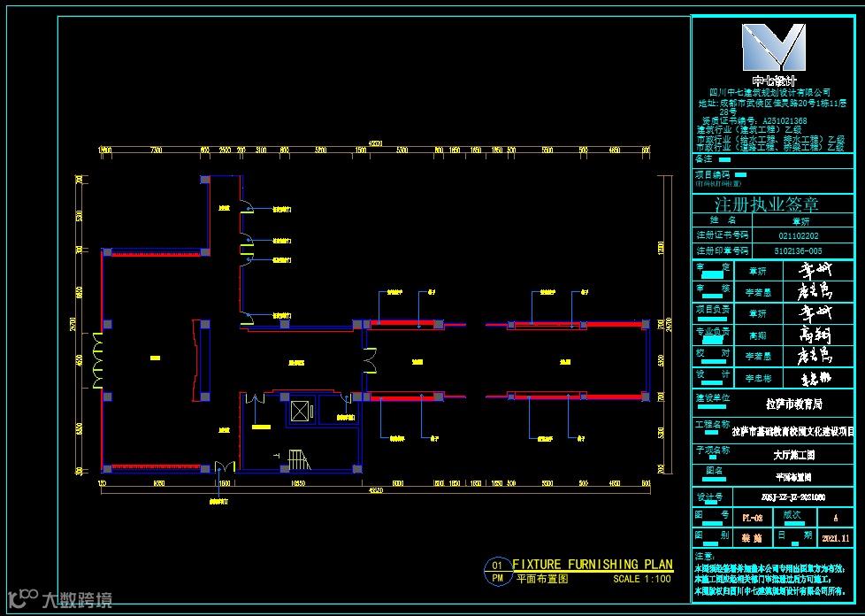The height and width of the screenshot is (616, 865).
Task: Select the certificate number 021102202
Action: (x=799, y=235)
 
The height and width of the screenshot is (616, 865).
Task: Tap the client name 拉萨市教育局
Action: (x=793, y=404)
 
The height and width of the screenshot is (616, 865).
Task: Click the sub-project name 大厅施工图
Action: (x=793, y=456)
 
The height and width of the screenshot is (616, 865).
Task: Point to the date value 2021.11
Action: (x=835, y=537)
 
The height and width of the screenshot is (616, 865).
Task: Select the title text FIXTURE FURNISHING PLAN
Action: (x=593, y=565)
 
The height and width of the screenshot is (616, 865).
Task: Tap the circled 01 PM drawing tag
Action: (x=497, y=572)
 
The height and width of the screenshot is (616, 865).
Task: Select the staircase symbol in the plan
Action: (x=299, y=460)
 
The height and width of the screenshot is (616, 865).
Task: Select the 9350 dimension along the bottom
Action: (x=159, y=484)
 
